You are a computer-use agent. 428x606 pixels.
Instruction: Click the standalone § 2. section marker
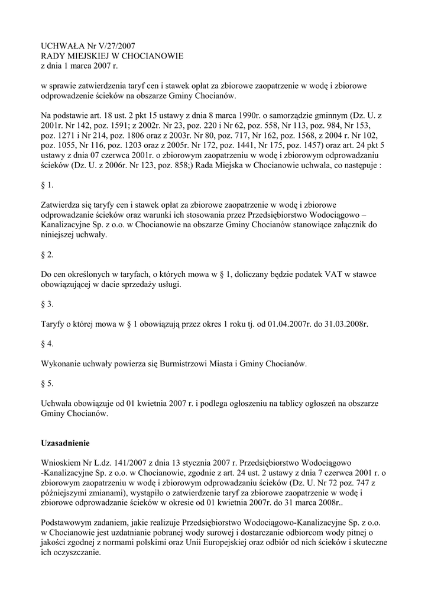pos(47,254)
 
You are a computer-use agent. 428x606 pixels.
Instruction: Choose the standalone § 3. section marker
pos(47,304)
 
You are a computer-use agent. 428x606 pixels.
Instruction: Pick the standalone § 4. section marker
pos(47,344)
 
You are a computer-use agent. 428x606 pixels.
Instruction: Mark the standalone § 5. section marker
pos(47,383)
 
